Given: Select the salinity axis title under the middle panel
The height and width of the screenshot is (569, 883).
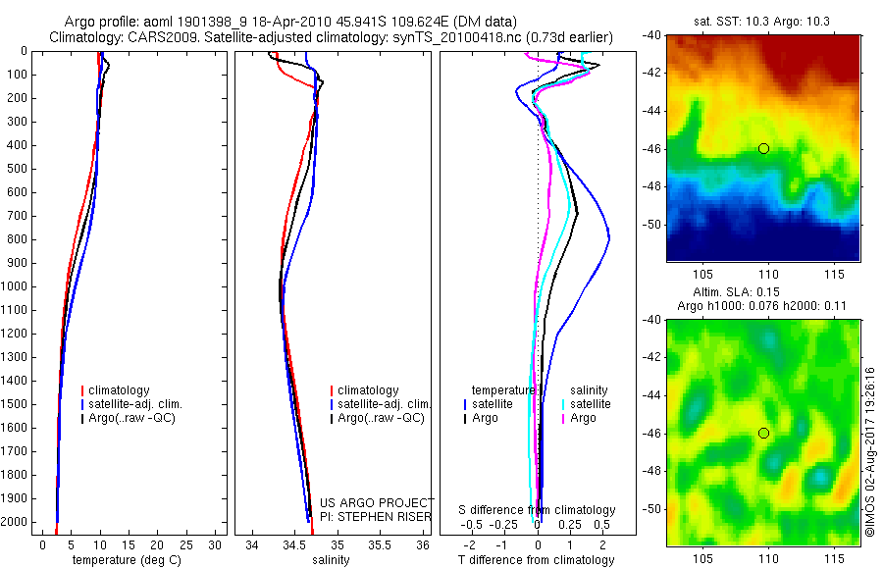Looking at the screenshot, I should coord(331,560).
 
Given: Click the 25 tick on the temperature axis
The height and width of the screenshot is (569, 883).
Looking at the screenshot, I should coord(185,544).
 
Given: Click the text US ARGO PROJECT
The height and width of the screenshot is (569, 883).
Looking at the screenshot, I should coord(376,503).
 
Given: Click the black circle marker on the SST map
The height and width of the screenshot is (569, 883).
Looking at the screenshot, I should coord(763,149).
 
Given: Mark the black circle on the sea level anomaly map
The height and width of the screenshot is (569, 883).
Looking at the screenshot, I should coord(763,433).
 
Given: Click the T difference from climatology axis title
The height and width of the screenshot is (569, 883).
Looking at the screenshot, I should coord(536,560).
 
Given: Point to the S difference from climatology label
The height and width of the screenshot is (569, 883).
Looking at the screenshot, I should coord(537,511).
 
